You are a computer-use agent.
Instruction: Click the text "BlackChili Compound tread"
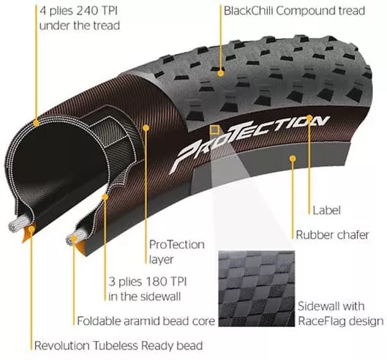tap(294, 11)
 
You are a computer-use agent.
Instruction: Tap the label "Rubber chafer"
tap(332, 235)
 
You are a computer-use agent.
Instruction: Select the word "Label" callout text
tap(326, 211)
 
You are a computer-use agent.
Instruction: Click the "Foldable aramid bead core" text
tap(146, 321)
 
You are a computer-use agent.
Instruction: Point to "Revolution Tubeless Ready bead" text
tap(119, 345)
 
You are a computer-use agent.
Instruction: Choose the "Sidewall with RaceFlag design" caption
tap(341, 314)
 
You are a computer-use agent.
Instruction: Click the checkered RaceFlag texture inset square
tap(257, 288)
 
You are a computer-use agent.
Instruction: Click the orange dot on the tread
tap(221, 73)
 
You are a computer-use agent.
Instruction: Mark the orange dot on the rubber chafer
tap(293, 159)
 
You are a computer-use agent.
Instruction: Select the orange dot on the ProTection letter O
tap(309, 118)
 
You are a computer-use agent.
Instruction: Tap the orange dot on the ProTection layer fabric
tap(146, 127)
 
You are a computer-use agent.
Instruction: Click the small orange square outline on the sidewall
tap(214, 130)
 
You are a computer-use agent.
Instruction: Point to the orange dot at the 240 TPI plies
tap(36, 123)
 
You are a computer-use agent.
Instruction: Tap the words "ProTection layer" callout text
tap(177, 252)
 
